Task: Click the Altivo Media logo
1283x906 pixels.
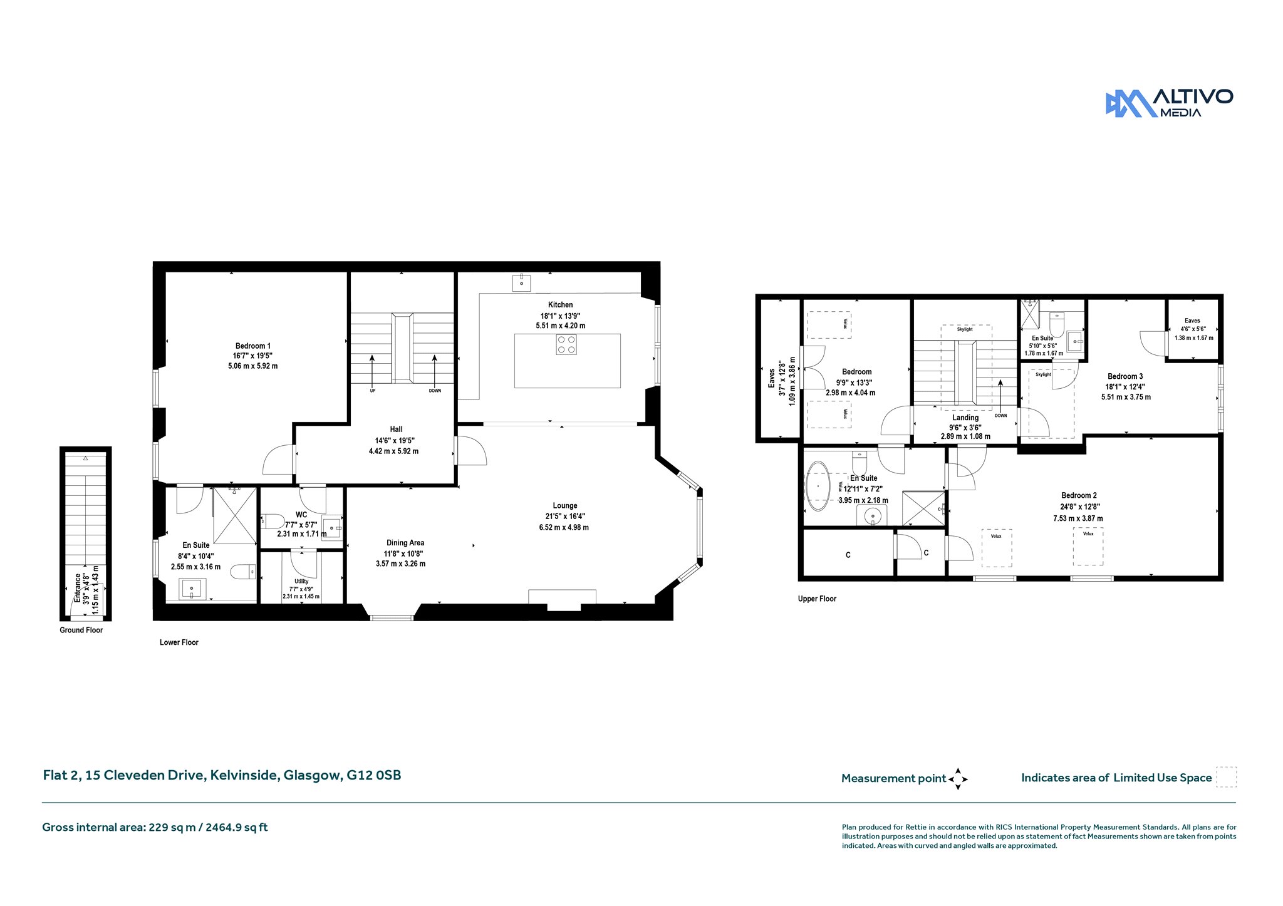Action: click(x=1169, y=103)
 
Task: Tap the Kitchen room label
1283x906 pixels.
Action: click(x=560, y=305)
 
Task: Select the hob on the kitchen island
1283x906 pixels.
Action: click(x=566, y=345)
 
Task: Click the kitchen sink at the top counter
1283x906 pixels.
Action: click(x=522, y=284)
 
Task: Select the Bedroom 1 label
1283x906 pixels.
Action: click(x=253, y=346)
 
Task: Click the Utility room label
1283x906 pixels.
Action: click(x=301, y=581)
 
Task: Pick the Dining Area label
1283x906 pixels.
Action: click(x=405, y=543)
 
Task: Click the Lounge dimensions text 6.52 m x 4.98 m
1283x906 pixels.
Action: click(x=564, y=528)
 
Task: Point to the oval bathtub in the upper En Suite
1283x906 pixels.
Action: click(x=818, y=485)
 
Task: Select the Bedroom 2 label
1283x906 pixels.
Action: click(x=1079, y=495)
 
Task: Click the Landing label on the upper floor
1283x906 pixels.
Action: click(x=965, y=418)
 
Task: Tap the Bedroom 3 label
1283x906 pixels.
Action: click(x=1125, y=376)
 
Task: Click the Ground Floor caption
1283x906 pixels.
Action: click(x=81, y=630)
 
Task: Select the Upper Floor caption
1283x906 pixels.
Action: click(x=817, y=599)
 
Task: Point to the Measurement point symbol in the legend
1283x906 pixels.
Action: click(x=958, y=779)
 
